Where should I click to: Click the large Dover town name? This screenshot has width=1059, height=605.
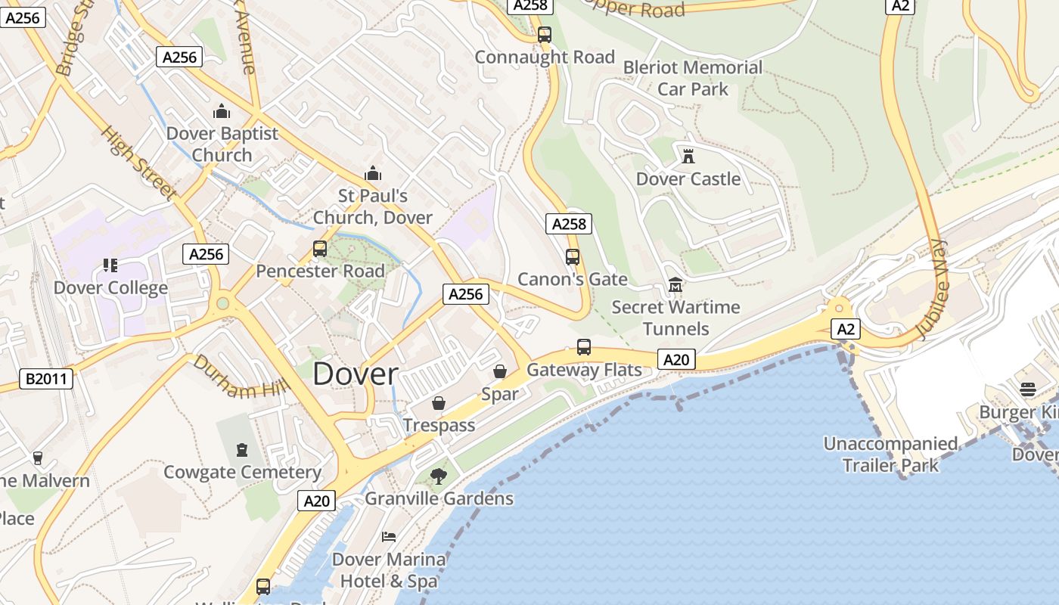pos(355,374)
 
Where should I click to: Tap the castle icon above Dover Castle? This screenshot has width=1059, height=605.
pos(688,157)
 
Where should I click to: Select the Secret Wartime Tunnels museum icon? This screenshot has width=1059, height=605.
pos(675,285)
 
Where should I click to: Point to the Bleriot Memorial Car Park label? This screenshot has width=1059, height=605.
pos(693,78)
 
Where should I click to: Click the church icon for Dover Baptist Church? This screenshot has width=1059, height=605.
pos(222,111)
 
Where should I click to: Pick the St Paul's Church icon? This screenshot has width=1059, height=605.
pos(372,173)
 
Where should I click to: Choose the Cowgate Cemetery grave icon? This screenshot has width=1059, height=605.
pos(242,450)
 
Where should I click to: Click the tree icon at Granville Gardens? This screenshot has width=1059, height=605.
pos(438,476)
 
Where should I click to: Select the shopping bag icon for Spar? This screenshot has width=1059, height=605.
pos(500,371)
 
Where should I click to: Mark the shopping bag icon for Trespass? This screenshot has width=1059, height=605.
pos(439,403)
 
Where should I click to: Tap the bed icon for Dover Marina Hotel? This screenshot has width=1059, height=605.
pos(389,537)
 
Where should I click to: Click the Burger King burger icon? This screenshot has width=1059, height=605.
pos(1027,389)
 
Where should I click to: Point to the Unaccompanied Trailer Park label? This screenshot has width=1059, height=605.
pos(890,454)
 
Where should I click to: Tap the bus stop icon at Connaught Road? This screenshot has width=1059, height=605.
pos(545,35)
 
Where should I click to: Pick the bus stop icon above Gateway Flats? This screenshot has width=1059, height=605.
pos(584,347)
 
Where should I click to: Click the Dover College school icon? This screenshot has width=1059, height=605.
pos(110,265)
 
